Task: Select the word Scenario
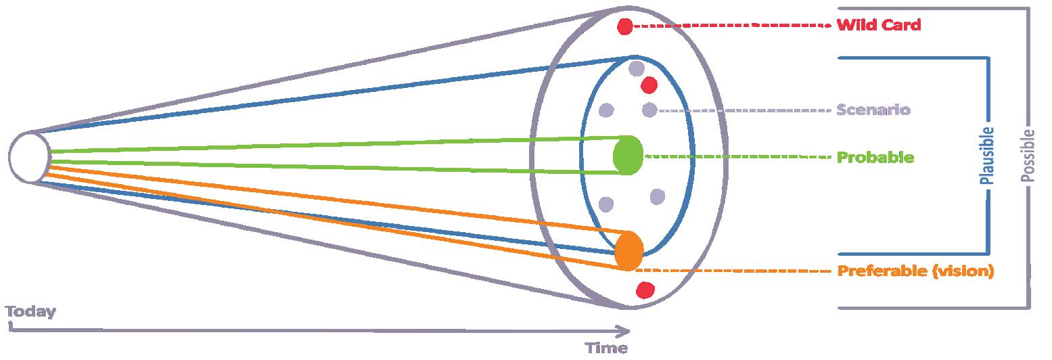click(x=873, y=110)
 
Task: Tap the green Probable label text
click(x=875, y=158)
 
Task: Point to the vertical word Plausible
click(x=987, y=156)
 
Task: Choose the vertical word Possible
click(x=1028, y=155)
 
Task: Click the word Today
click(x=30, y=312)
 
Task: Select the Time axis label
click(x=606, y=348)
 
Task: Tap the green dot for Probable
click(x=628, y=155)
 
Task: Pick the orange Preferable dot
click(x=628, y=249)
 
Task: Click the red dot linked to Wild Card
click(x=625, y=26)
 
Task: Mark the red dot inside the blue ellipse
click(x=649, y=85)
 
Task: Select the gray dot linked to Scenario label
click(x=649, y=109)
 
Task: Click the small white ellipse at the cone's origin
click(x=29, y=157)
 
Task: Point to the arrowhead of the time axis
click(x=625, y=331)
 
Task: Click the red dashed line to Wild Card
click(x=731, y=26)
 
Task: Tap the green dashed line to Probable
click(x=737, y=157)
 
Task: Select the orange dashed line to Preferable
click(x=737, y=271)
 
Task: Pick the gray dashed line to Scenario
click(x=744, y=110)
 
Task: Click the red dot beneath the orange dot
click(x=645, y=290)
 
